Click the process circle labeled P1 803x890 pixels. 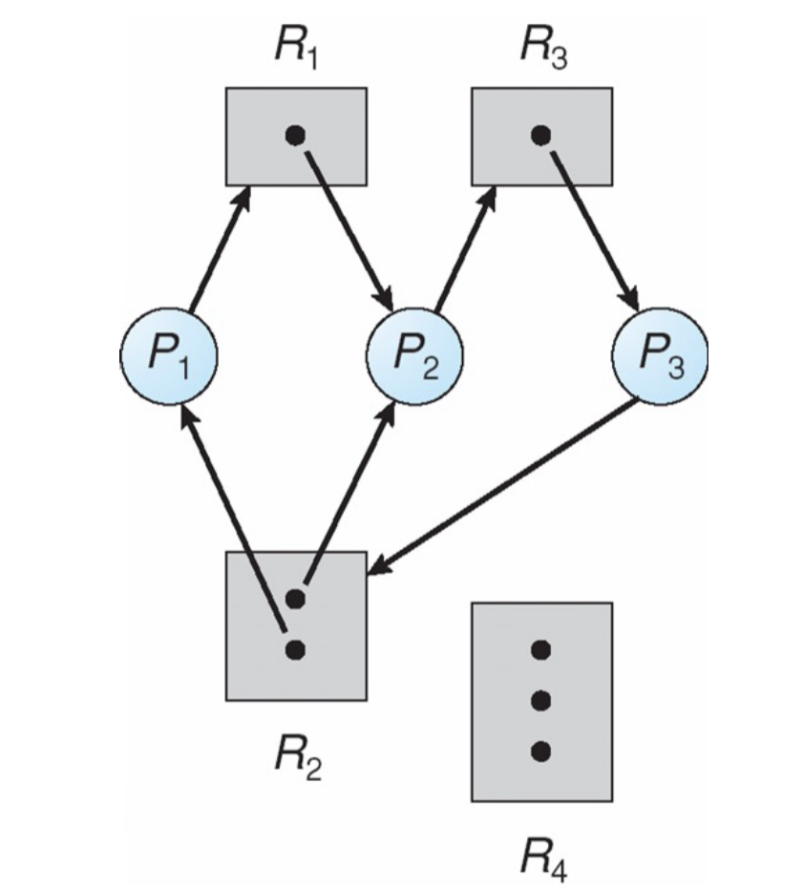(169, 355)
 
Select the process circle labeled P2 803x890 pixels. (415, 356)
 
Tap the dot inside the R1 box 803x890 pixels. (295, 136)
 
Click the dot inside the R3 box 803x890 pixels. (540, 136)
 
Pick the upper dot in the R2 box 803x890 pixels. (295, 599)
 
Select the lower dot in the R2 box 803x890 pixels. (295, 650)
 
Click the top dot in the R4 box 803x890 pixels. (540, 650)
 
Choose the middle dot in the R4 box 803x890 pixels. (540, 702)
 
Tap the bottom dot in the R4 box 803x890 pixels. (540, 752)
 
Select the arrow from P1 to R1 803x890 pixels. (219, 250)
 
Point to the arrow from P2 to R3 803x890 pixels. (465, 249)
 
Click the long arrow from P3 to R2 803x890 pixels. (503, 488)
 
